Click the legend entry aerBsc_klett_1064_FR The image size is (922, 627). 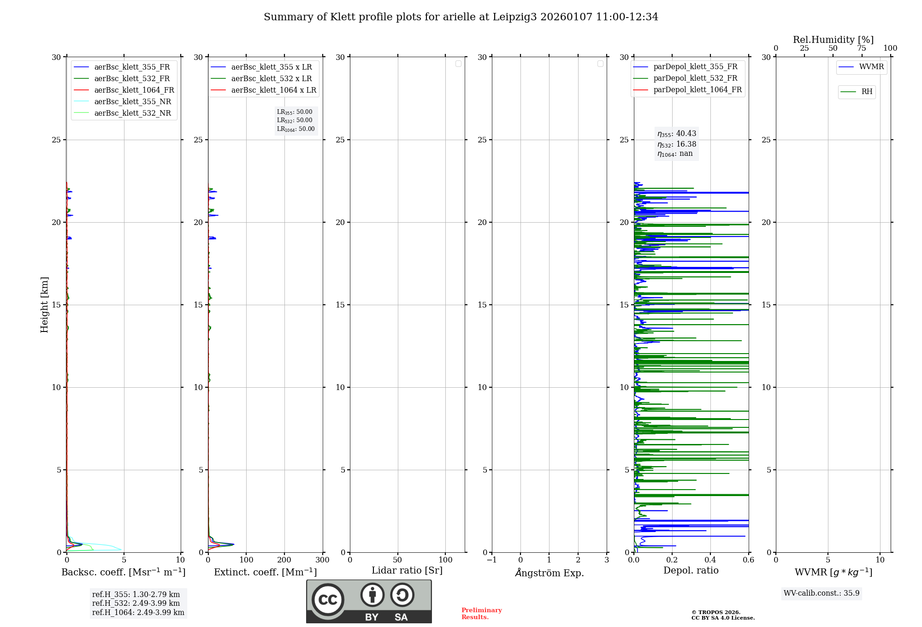click(134, 90)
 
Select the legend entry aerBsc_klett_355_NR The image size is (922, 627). click(132, 101)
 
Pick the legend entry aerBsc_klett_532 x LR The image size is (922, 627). click(271, 78)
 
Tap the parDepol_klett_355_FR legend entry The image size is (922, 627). click(695, 67)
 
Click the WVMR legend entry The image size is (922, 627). click(871, 67)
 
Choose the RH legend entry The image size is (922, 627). click(867, 92)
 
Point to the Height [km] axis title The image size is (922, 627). click(44, 305)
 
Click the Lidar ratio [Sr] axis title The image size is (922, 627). click(407, 570)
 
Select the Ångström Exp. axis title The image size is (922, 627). click(549, 573)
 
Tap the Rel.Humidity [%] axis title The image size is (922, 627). click(833, 40)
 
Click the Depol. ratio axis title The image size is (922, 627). click(691, 570)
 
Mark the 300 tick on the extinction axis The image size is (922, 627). click(322, 560)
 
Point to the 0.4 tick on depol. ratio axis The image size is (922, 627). click(710, 560)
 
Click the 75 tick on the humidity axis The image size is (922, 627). click(861, 48)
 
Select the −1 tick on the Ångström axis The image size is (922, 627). click(491, 560)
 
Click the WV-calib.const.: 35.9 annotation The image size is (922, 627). click(822, 593)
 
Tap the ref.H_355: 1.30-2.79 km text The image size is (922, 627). click(136, 594)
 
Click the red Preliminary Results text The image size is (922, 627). click(481, 613)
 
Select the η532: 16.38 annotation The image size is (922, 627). click(677, 144)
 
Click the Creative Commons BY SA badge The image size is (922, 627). click(369, 601)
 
